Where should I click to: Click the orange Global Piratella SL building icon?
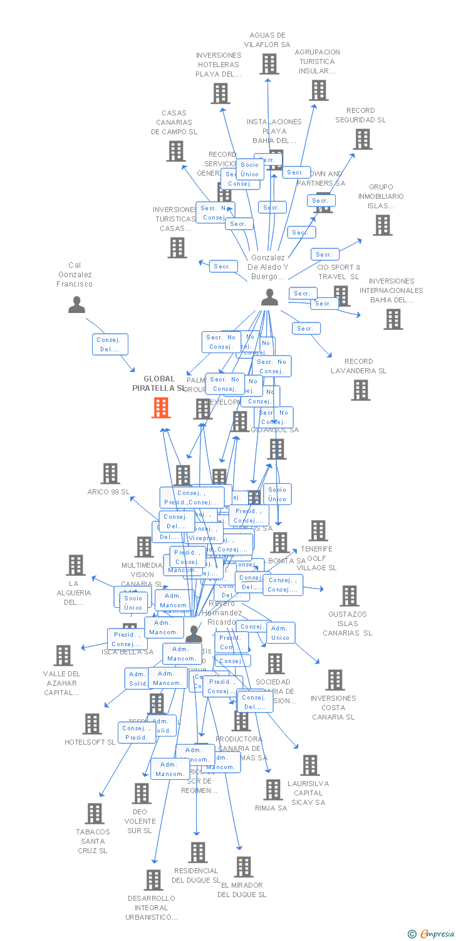point(161,408)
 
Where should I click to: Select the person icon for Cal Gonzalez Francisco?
point(76,304)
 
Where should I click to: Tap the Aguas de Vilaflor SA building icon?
point(269,63)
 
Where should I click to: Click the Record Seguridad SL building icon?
point(363,139)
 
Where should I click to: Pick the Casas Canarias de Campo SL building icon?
point(176,151)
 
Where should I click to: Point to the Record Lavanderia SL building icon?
point(361,390)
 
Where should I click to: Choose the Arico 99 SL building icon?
point(110,474)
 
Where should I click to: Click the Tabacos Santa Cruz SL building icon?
point(95,813)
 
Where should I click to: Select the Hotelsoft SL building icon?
point(92,723)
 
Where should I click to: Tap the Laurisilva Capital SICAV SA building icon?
point(309,765)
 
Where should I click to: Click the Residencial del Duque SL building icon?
point(198,852)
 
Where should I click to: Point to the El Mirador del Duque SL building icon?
point(244,866)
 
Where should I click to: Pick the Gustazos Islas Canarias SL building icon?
point(349,595)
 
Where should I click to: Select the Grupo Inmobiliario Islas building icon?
point(383,225)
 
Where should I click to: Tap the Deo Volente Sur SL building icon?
point(142,793)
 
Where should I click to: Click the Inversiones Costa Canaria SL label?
point(333,707)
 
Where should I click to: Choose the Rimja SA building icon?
point(272,790)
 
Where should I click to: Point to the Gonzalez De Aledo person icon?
point(269,297)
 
